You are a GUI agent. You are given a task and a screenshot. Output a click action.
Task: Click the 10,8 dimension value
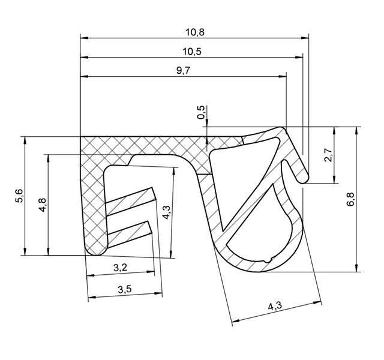[194, 32]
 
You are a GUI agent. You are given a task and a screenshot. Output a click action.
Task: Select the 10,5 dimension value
[192, 52]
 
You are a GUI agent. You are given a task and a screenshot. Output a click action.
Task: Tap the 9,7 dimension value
[183, 71]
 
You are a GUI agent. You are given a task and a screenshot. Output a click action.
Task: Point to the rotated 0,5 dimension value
[201, 112]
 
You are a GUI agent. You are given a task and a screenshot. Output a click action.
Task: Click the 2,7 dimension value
[328, 155]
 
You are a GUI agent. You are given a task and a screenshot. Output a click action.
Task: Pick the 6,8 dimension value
[350, 199]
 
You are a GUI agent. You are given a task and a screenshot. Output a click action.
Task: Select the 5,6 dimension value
[19, 196]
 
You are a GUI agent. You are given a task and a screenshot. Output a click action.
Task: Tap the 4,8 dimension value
[43, 205]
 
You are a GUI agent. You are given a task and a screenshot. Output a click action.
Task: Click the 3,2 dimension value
[121, 268]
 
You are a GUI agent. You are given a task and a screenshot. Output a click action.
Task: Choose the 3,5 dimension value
[125, 289]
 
